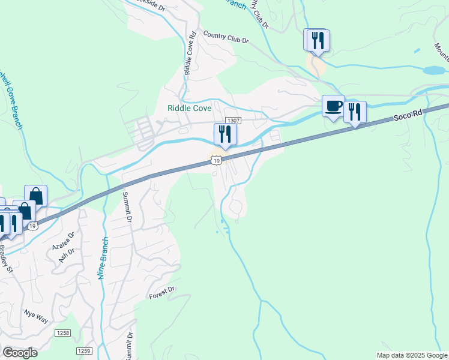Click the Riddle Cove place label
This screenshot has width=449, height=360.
189,108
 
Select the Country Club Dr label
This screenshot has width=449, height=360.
226,37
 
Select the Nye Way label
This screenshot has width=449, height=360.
35,317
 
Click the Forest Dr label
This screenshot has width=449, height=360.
161,293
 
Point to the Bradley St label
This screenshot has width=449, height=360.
5,259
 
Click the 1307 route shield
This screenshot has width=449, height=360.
234,121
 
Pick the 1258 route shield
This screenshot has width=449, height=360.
62,332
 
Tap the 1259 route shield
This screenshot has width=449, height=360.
84,350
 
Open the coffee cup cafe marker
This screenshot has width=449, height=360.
333,107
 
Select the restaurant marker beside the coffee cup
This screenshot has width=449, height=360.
355,112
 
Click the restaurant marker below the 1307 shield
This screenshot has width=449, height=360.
225,134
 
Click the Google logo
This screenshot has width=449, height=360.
19,353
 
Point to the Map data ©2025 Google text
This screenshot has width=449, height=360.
412,355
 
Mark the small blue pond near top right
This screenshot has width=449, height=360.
433,70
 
